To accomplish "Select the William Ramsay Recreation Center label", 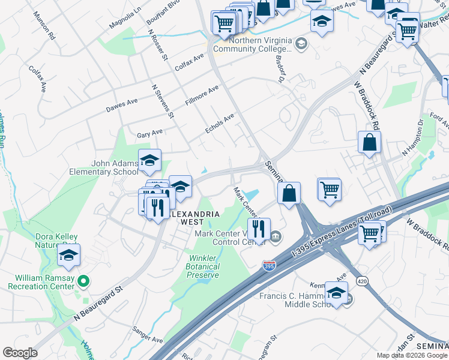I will [x=39, y=281].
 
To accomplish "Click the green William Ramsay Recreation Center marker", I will [x=84, y=281].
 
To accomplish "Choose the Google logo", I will [x=20, y=353].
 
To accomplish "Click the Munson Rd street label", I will [x=44, y=25].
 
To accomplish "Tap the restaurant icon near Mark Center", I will [x=259, y=229].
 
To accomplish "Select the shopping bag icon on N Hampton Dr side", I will [x=369, y=143].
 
